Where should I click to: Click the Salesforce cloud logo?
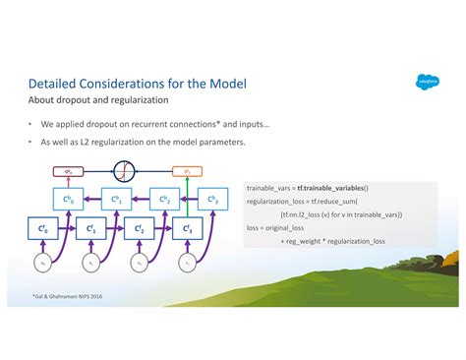click(x=426, y=82)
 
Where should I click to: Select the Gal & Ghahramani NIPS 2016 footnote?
click(x=65, y=295)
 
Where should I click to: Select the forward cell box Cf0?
click(x=42, y=231)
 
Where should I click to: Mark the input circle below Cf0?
click(x=42, y=264)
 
